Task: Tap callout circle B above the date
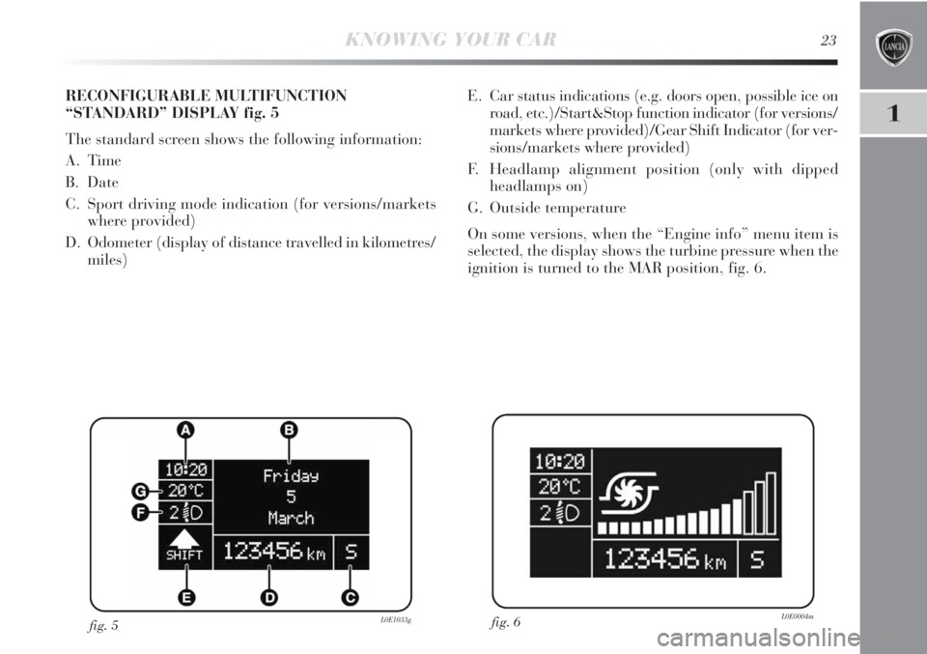287,429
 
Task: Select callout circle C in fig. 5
350,598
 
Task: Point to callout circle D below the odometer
268,598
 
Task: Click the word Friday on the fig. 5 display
291,475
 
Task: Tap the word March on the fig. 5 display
291,518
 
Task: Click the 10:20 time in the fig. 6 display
556,462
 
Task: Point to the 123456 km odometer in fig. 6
665,559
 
